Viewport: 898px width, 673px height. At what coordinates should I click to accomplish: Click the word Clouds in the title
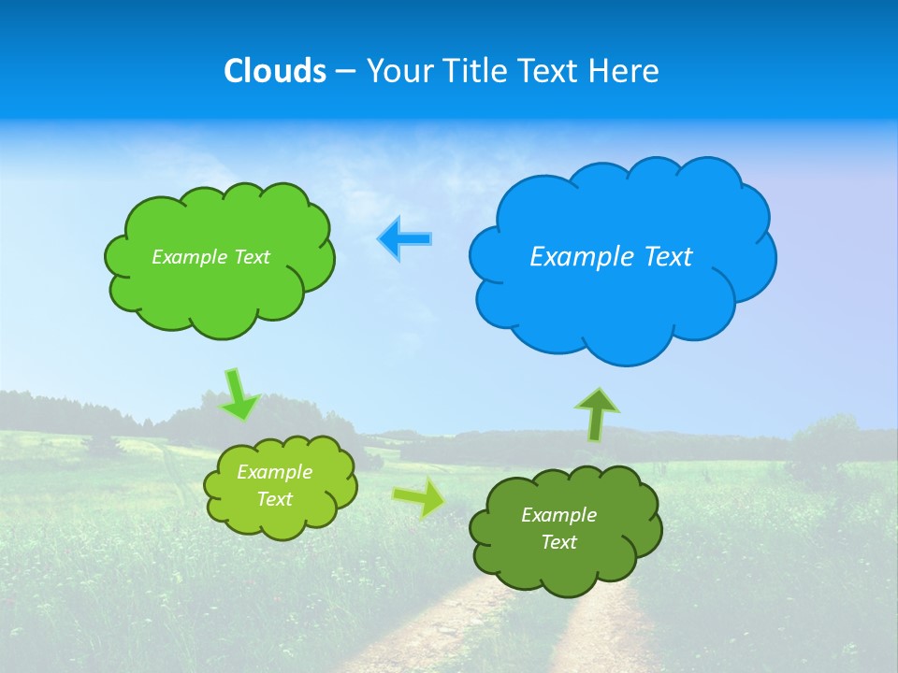coord(275,71)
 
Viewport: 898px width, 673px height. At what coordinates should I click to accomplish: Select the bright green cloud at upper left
coord(220,290)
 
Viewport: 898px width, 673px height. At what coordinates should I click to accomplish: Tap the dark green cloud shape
coord(566,570)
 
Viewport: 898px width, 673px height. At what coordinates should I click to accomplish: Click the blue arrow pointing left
coord(404,238)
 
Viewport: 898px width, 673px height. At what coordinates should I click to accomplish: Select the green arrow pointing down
coord(239,394)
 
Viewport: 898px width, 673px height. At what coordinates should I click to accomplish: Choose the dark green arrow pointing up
coord(597,413)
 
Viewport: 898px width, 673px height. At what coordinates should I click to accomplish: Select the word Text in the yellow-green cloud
coord(275,499)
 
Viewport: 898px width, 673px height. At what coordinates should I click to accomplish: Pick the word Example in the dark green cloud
coord(558,515)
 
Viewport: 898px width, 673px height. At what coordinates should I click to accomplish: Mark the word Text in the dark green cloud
coord(558,542)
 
